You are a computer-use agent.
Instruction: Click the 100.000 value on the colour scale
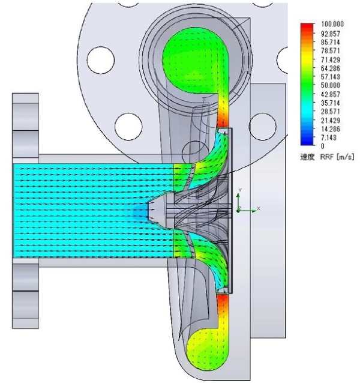[332, 24]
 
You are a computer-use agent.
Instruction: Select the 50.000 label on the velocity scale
[331, 85]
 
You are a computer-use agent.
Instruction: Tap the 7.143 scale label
[329, 137]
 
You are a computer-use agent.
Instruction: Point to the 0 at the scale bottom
[323, 146]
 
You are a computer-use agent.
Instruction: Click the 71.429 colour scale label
[331, 59]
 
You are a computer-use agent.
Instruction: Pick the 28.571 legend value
[331, 112]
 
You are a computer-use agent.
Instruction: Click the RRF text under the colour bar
[327, 157]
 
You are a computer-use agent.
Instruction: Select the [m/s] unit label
[345, 157]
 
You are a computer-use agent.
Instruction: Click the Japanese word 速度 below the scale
[307, 157]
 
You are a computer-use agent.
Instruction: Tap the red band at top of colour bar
[307, 27]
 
